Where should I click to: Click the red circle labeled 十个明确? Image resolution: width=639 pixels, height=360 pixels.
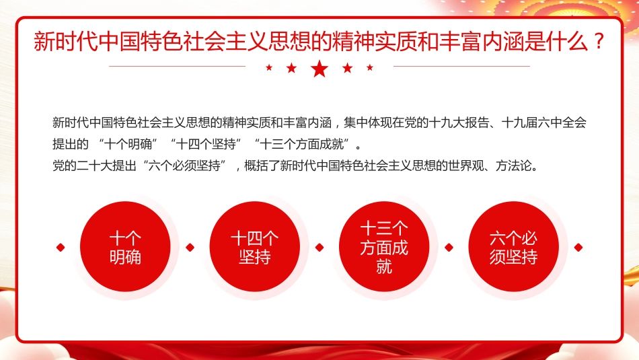click(125, 248)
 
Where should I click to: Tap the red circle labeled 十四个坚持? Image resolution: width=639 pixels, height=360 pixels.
click(254, 248)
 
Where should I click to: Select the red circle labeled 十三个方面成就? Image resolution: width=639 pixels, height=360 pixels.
click(384, 248)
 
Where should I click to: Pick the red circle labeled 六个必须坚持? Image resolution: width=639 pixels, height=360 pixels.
click(514, 248)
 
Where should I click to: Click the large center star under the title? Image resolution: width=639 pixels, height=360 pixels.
click(319, 68)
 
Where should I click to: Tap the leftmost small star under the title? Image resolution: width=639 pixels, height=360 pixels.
click(269, 67)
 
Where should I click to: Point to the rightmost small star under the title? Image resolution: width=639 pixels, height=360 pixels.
click(369, 67)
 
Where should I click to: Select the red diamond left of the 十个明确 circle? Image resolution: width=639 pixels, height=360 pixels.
click(61, 248)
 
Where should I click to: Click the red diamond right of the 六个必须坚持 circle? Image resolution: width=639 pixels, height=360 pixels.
click(578, 248)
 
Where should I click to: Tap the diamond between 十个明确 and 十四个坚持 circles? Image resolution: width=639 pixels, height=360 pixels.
click(190, 248)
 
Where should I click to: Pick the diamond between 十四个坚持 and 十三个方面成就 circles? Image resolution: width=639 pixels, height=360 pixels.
click(319, 248)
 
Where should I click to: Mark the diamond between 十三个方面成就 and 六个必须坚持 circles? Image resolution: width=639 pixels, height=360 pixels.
click(449, 248)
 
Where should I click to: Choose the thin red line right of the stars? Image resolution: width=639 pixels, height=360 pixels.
click(461, 67)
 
